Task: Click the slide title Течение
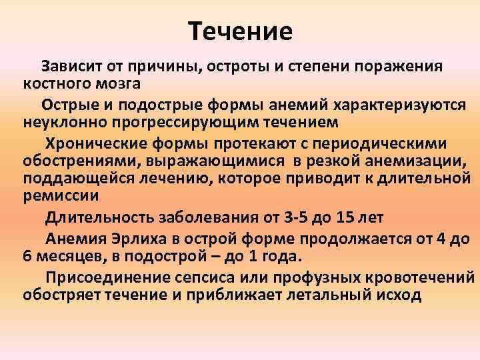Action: click(240, 31)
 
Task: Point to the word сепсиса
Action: click(224, 278)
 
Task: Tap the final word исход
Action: click(396, 295)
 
